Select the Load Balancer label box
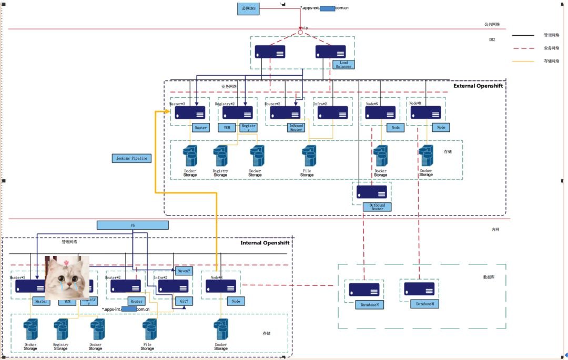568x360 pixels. point(343,65)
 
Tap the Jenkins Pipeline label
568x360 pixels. point(132,158)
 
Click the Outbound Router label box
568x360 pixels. point(377,207)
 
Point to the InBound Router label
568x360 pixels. point(296,127)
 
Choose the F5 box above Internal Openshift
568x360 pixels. point(133,225)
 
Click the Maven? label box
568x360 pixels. point(184,271)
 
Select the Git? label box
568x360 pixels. point(184,302)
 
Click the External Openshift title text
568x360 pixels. point(478,86)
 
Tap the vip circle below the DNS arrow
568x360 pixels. point(300,33)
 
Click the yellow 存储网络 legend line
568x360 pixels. point(523,61)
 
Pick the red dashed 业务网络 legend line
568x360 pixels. point(523,48)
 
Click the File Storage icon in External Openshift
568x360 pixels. point(309,157)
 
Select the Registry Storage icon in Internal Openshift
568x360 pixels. point(61,330)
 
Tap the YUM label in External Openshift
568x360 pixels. point(227,128)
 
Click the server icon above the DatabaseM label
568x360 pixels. point(419,289)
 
